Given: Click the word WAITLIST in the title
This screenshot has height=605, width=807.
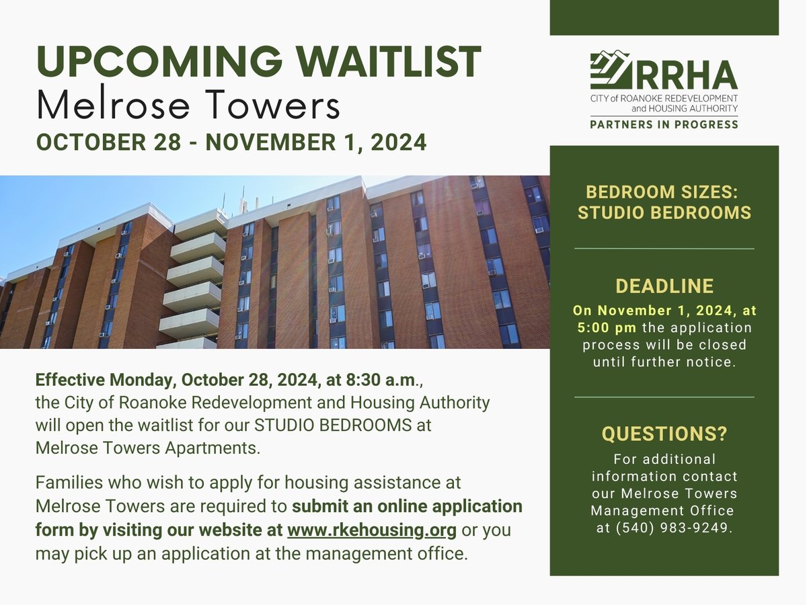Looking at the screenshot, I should point(389,62).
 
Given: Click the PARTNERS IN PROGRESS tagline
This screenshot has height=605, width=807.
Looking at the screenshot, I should point(664,124).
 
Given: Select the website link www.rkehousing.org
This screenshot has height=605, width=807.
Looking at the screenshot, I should point(372,530).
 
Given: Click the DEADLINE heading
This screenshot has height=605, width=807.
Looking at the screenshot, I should point(664,286).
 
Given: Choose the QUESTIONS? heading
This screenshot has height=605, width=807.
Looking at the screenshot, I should point(664,434).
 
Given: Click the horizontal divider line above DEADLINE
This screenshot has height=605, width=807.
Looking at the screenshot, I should point(664,249).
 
